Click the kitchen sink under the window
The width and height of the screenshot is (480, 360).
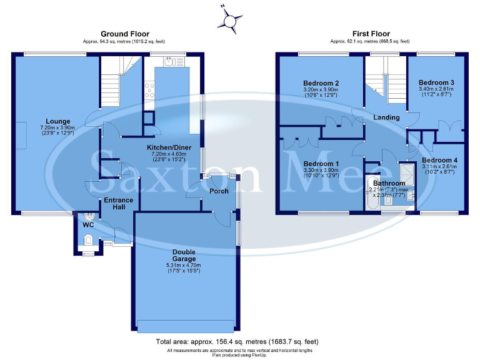pos(169,61)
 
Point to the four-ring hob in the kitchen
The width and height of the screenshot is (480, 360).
pos(149,91)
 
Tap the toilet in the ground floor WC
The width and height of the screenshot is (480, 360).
pos(88,238)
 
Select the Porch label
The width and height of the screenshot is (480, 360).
pos(218,191)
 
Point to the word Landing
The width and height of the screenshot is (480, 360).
pos(387,117)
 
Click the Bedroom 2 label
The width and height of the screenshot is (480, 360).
pos(321,83)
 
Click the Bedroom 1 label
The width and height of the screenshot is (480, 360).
pos(321,164)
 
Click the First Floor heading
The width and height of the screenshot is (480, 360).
pos(371,34)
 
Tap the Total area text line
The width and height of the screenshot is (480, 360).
pos(236,342)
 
